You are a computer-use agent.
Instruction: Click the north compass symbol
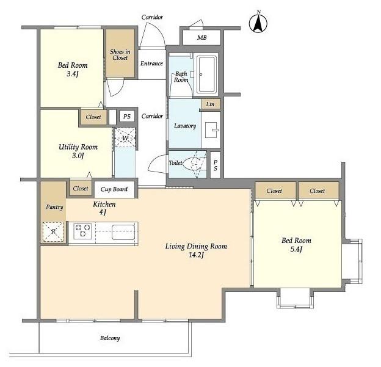click(x=258, y=23)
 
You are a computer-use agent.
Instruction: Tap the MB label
click(x=201, y=38)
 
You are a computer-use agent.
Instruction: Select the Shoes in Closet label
click(x=120, y=55)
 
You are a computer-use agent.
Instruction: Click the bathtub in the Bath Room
click(x=206, y=74)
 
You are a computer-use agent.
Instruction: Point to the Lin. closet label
click(x=211, y=104)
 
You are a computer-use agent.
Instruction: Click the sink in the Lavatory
click(x=212, y=130)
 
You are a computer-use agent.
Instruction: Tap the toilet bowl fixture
click(x=192, y=163)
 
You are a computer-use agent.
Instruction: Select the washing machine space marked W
click(x=125, y=137)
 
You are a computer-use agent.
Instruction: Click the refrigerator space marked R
click(x=53, y=232)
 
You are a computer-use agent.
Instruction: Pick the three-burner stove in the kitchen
click(x=82, y=231)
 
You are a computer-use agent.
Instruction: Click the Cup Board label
click(x=114, y=189)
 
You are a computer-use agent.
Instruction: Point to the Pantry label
click(x=54, y=207)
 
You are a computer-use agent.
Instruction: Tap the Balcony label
click(x=110, y=338)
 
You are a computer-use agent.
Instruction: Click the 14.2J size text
click(x=197, y=255)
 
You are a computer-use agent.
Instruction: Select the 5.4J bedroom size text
click(x=296, y=249)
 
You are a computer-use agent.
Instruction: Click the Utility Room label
click(x=78, y=147)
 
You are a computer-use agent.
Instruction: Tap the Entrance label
click(x=151, y=64)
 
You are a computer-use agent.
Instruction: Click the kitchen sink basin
click(x=123, y=232)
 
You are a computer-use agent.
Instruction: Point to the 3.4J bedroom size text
click(x=73, y=74)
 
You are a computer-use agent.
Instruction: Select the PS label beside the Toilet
click(x=216, y=165)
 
